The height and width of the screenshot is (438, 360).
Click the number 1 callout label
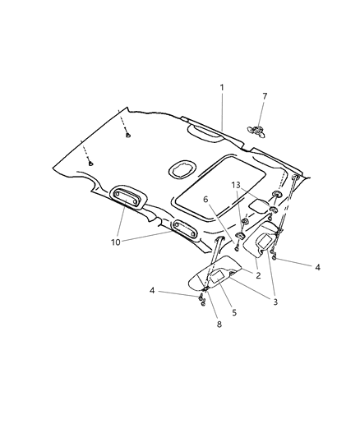[x=220, y=87]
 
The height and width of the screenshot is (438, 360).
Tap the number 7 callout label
[x=265, y=97]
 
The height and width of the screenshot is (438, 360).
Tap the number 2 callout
[x=257, y=275]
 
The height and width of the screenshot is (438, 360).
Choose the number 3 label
[x=275, y=302]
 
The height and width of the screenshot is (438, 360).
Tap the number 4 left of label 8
[x=153, y=290]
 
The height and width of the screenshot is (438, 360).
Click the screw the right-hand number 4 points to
[x=274, y=260]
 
